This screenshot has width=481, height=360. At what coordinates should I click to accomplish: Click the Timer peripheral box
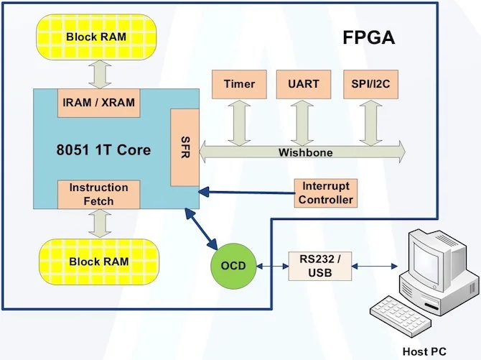point(239,84)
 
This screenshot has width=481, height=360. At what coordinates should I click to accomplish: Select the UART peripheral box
point(304,84)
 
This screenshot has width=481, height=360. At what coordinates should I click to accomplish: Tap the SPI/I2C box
point(370,84)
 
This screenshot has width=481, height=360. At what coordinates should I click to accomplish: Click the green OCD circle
point(233,266)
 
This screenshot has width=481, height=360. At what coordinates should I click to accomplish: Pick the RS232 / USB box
point(320,265)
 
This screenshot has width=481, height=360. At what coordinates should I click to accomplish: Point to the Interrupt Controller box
point(326,193)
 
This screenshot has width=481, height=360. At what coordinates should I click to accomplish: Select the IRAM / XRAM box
point(99,103)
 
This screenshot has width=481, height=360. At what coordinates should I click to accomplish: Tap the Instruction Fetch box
point(98,194)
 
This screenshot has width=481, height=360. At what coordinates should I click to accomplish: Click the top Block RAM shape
point(98,37)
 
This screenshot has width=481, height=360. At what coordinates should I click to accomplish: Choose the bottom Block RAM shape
point(98,262)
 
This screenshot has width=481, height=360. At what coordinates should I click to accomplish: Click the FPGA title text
point(368,38)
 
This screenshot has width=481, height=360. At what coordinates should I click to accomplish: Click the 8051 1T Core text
point(104,150)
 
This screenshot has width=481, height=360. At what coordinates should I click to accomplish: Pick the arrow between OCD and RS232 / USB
point(272,266)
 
